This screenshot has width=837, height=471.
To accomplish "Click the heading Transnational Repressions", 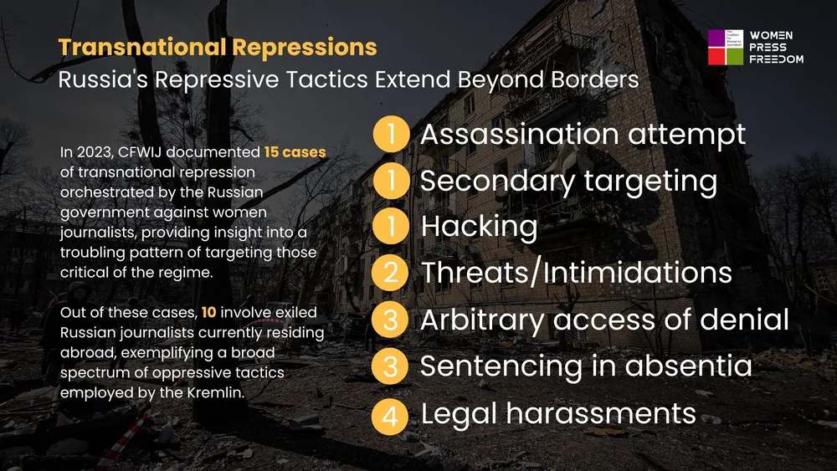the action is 218,48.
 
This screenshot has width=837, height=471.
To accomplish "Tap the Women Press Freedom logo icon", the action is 725,48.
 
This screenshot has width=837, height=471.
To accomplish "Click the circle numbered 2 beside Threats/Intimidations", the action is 391,274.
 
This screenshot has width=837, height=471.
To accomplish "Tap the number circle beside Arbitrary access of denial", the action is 391,320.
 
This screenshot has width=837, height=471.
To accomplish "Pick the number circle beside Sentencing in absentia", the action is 391,367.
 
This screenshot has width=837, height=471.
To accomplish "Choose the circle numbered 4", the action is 391,414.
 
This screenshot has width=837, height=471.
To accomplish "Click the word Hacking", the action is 479,227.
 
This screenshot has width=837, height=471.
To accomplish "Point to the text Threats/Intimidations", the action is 576,273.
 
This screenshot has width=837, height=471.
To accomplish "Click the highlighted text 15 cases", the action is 295,153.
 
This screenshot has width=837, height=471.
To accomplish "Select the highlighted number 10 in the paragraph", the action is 209,313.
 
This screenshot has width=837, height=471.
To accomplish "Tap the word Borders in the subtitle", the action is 593,80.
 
